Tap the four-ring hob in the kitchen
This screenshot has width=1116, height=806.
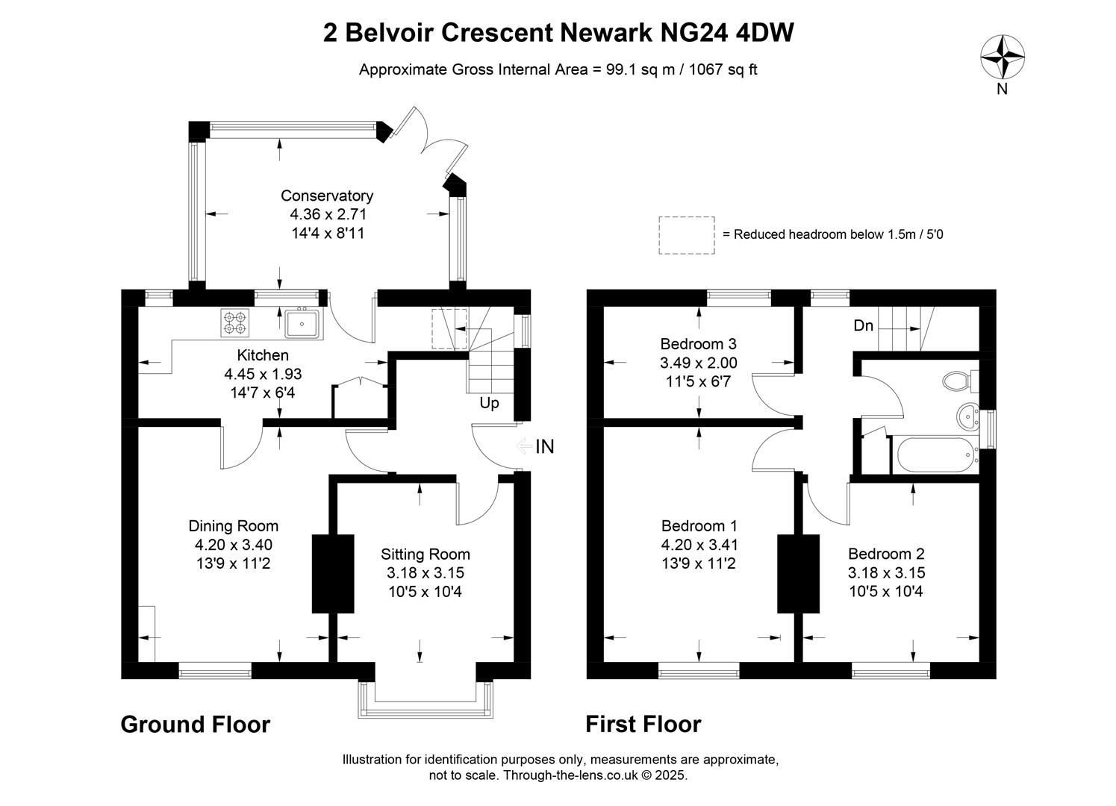click(235, 322)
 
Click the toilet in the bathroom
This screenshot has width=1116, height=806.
click(958, 382)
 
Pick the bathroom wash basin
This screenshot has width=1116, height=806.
click(968, 414)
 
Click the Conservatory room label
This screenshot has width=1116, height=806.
click(327, 196)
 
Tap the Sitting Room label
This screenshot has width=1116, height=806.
click(425, 554)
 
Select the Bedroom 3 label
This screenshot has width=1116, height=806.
click(698, 344)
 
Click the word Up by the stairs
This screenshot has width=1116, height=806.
click(489, 403)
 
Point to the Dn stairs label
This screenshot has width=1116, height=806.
click(864, 326)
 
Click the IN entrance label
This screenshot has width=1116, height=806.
click(545, 447)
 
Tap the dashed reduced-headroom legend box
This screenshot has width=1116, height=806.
click(686, 236)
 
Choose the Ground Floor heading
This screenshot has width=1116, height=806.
click(195, 725)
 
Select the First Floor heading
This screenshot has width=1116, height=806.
click(643, 725)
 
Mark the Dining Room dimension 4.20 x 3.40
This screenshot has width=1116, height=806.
click(233, 545)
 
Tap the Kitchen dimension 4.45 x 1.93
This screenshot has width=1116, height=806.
click(263, 374)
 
